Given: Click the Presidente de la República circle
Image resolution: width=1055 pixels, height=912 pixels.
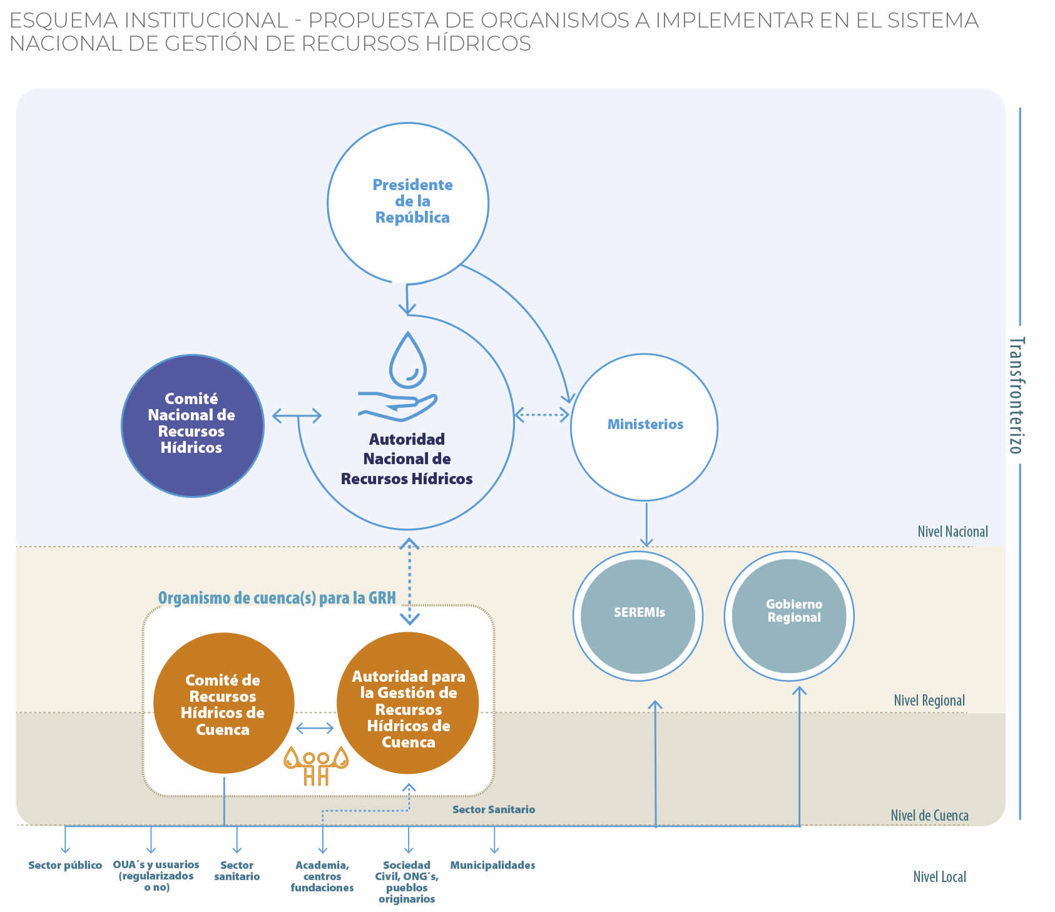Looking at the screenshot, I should tap(408, 203).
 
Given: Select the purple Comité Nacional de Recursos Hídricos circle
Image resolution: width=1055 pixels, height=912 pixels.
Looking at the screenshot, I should tap(192, 426).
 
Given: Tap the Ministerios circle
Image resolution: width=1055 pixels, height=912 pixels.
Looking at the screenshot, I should tap(644, 427).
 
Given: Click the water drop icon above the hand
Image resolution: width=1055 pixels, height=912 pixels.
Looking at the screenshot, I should tap(407, 361).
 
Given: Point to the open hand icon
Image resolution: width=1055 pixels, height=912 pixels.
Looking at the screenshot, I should tap(397, 406).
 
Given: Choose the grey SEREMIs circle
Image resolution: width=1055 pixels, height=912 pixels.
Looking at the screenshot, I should tap(638, 616).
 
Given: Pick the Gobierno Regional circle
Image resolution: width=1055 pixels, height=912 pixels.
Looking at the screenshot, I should tap(789, 616).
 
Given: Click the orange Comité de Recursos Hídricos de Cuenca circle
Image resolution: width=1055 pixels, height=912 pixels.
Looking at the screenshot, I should tap(223, 703).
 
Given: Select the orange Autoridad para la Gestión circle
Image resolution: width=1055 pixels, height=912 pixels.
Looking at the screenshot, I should tap(408, 703).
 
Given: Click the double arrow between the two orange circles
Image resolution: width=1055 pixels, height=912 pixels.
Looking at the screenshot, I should tap(315, 728).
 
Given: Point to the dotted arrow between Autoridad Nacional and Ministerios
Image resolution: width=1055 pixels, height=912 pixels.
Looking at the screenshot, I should tap(541, 414).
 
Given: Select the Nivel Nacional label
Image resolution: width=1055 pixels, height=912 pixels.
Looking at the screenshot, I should tap(952, 532).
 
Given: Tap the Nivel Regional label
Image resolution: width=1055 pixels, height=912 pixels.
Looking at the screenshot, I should tap(929, 701).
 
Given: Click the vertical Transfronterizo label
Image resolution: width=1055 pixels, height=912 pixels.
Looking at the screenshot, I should tap(1017, 395).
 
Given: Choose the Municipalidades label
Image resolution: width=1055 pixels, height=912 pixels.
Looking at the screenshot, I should tap(492, 865).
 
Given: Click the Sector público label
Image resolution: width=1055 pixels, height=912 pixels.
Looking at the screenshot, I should tap(65, 865).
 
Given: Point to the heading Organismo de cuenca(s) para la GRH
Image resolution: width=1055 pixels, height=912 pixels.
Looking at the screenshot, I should tap(277, 598).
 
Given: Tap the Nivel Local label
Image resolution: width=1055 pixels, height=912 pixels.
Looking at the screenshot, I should tap(939, 877).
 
